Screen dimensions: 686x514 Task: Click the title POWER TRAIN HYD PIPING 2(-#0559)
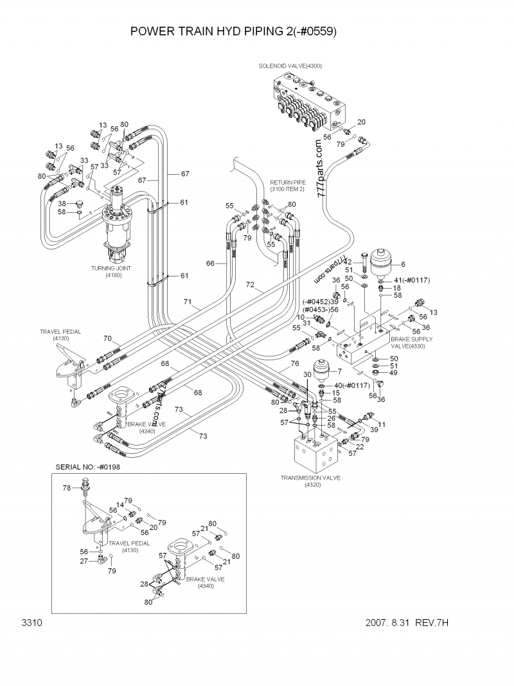tap(233, 31)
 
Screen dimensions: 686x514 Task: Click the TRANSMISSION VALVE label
tap(310, 478)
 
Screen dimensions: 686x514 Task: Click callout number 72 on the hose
tap(251, 284)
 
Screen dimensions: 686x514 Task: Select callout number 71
tap(188, 302)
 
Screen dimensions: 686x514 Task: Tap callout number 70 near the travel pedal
tap(107, 338)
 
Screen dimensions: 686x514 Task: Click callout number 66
tap(210, 263)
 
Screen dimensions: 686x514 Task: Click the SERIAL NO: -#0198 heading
tap(88, 467)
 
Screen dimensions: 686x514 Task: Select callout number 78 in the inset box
tap(66, 488)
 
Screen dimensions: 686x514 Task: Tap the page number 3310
tap(31, 623)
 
